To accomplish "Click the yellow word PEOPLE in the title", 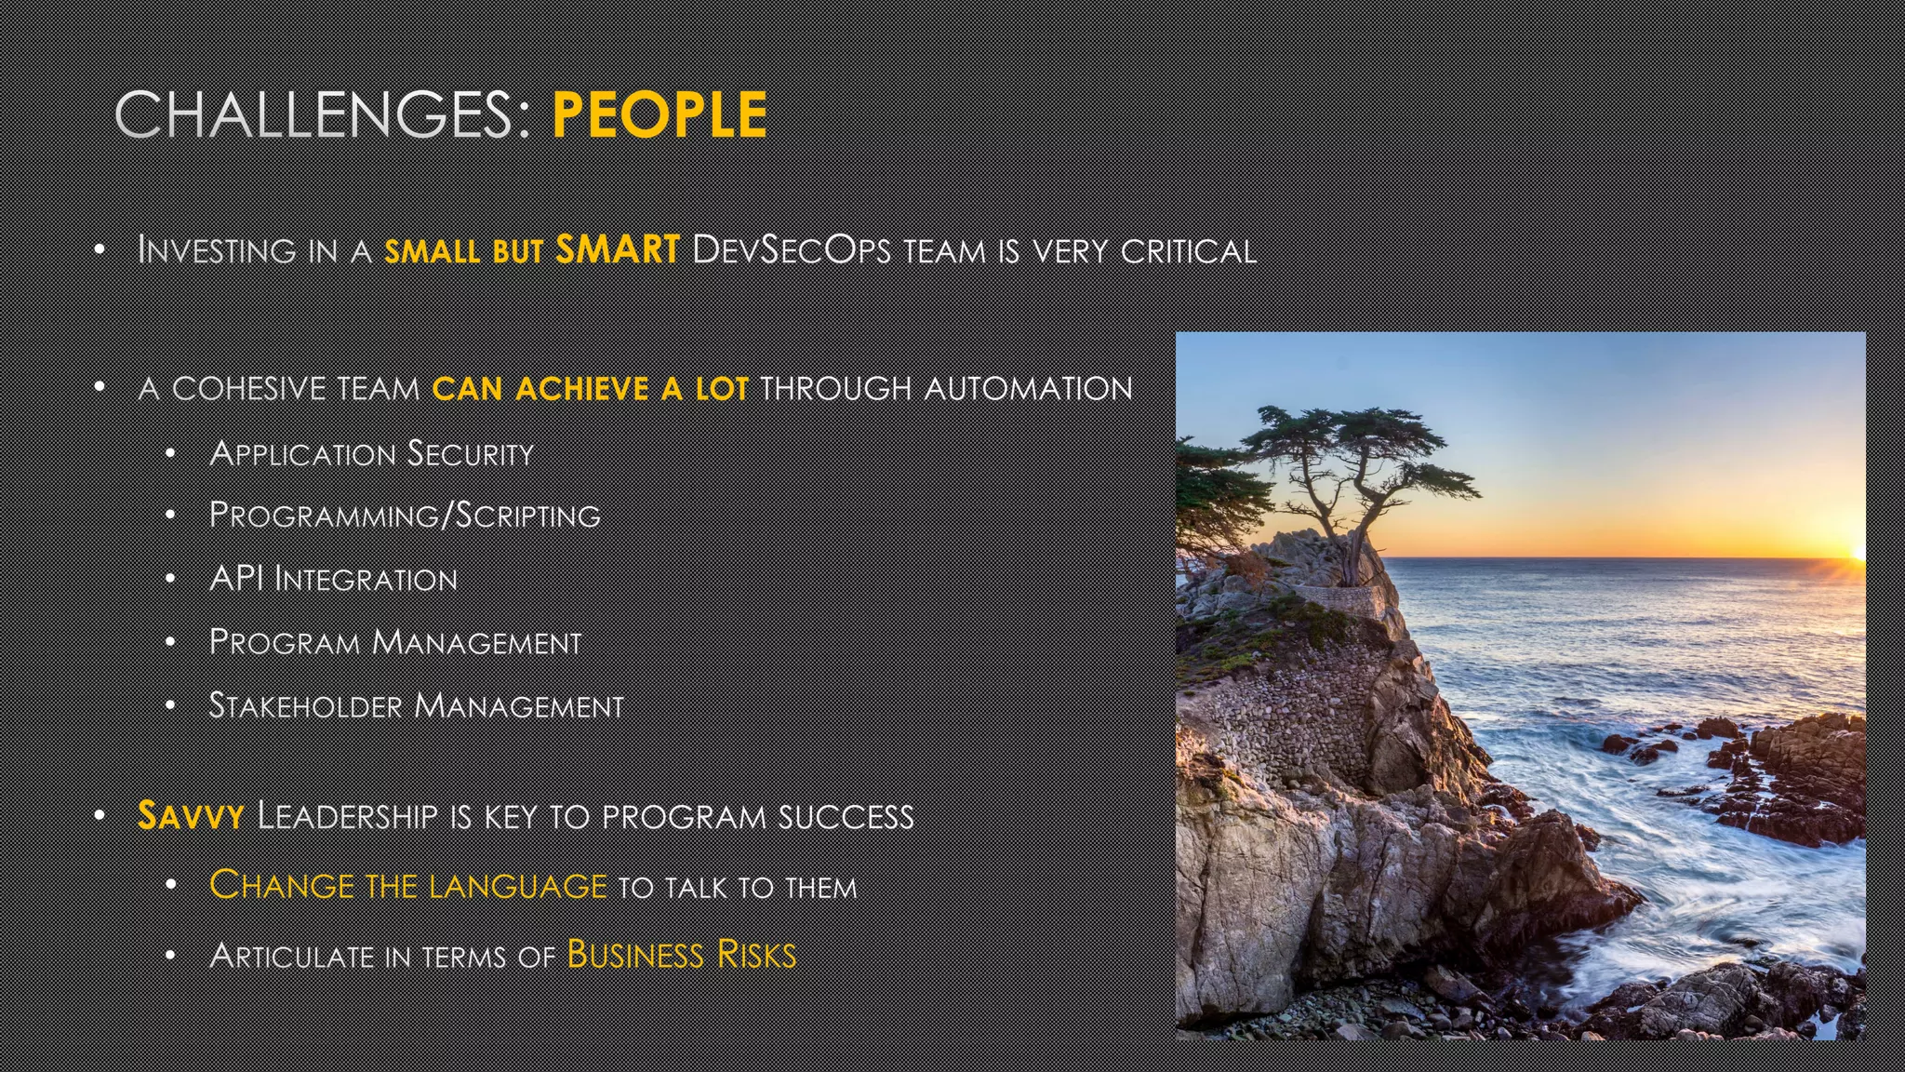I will coord(659,115).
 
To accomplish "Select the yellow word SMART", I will coord(618,249).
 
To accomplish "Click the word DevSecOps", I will coord(792,250).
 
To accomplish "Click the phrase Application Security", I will coord(372,454).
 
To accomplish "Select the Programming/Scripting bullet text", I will coord(405,516).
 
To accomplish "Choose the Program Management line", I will coord(395,642).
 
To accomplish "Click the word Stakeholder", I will coord(306,705).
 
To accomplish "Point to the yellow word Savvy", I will coord(191,816).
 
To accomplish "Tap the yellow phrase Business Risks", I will coord(682,956).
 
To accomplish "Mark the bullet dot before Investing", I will coord(100,249).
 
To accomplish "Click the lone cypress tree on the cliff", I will coord(1349,465).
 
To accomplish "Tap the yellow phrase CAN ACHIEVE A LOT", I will coord(590,388).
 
